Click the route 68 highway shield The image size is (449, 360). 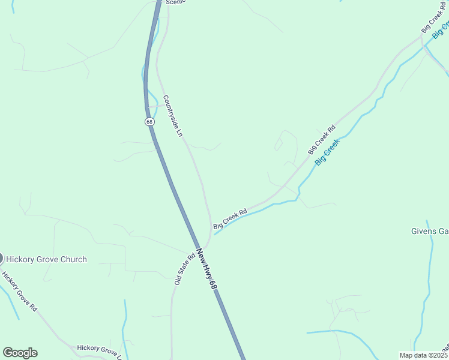(x=149, y=121)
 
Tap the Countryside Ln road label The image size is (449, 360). (x=172, y=116)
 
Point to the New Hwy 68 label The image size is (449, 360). (x=205, y=271)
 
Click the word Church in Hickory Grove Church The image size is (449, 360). (x=71, y=259)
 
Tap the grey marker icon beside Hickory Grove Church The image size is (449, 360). (x=1, y=259)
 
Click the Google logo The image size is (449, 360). (x=20, y=353)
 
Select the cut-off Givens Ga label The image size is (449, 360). (x=430, y=231)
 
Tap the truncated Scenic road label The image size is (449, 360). (x=175, y=2)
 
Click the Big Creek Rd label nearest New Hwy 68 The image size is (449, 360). (x=230, y=218)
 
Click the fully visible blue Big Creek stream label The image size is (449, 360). (x=328, y=152)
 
